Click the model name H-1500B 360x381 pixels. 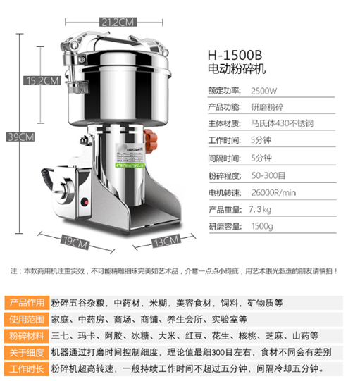tap(235, 54)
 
